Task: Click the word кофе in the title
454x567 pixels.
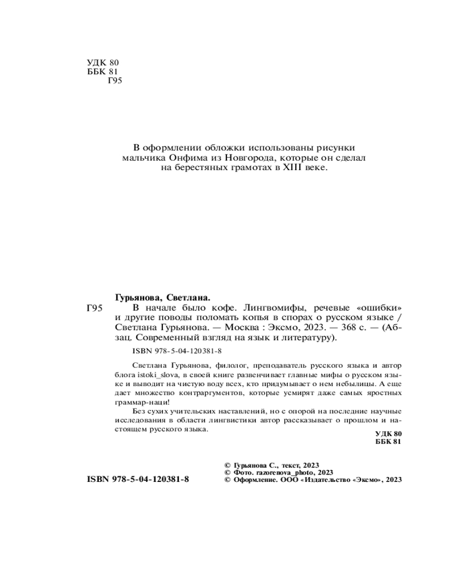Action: click(214, 308)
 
